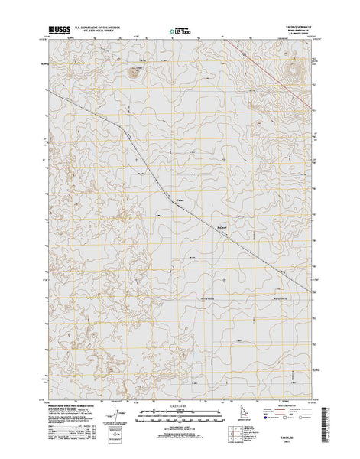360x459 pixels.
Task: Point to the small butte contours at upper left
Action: pos(135,73)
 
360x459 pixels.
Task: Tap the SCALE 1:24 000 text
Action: pos(180,405)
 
